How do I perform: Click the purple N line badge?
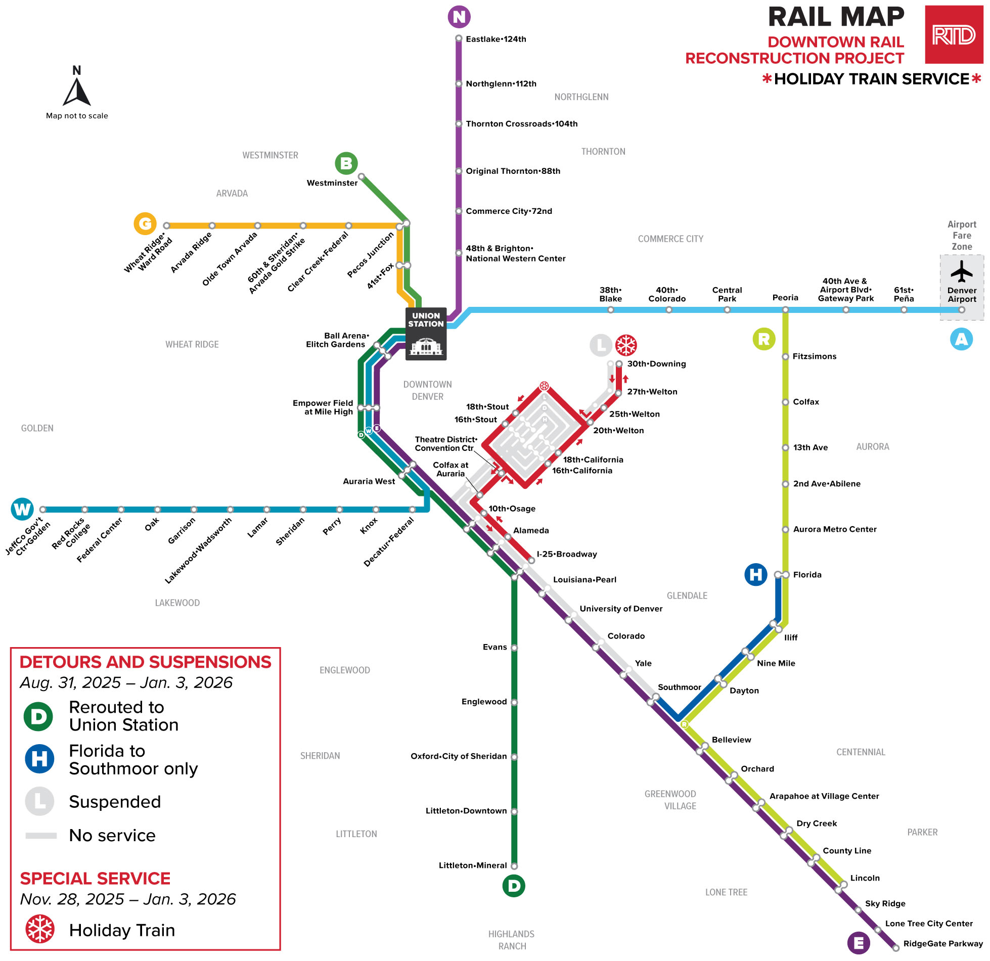(459, 17)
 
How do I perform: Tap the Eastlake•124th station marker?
(459, 39)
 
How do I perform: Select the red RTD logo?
(954, 35)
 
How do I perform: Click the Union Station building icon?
(426, 346)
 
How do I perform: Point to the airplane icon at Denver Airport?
(961, 271)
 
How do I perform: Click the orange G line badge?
(145, 223)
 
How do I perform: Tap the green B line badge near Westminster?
(346, 163)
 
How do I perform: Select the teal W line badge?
(22, 509)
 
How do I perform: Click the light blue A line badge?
(961, 339)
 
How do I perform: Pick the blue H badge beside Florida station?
(756, 575)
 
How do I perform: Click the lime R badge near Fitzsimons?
(764, 339)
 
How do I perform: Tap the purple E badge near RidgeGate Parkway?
(859, 943)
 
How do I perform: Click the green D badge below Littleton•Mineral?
(514, 886)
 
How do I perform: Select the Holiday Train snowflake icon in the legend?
(40, 929)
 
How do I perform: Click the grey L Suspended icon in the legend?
(39, 801)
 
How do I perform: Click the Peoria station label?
(785, 298)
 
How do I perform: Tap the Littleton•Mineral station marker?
(514, 866)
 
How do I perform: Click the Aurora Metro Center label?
(834, 529)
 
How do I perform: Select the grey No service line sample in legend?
(41, 836)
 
